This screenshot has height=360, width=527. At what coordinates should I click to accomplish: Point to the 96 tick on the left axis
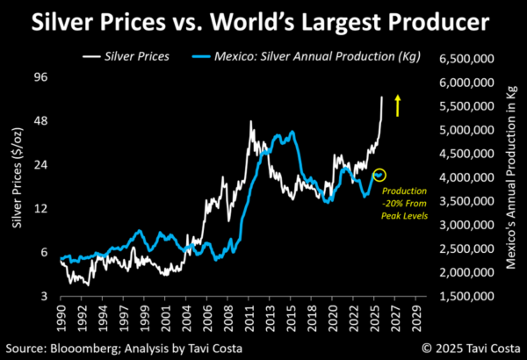40,77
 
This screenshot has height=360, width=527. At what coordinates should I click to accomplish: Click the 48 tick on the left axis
40,121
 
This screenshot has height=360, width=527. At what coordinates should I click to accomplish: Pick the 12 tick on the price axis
40,209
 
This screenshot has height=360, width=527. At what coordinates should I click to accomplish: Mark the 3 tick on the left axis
44,297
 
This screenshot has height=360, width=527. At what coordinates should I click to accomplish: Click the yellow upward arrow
398,105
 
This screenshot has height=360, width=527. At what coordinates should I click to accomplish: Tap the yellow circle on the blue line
379,176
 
